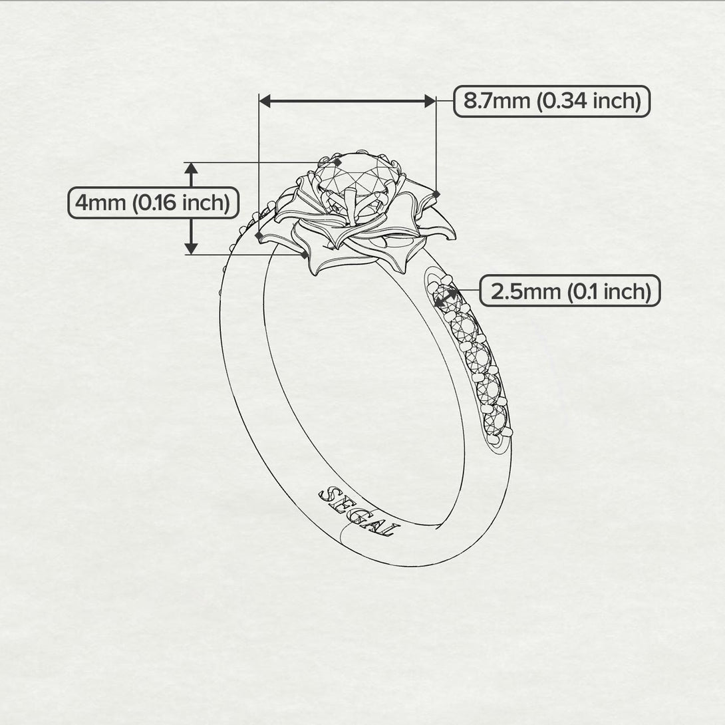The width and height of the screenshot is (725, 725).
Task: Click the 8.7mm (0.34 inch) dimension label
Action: click(551, 101)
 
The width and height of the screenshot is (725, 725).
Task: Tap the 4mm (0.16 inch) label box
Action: click(153, 202)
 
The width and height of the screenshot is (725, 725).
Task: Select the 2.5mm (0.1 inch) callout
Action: click(569, 291)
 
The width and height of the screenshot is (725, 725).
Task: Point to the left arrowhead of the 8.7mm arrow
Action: click(265, 101)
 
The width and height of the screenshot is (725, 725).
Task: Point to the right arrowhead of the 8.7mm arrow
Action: click(430, 101)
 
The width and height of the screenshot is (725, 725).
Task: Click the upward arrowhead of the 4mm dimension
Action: click(192, 168)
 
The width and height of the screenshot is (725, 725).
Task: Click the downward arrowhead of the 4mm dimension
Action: click(192, 248)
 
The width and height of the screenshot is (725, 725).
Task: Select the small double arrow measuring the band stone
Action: click(446, 297)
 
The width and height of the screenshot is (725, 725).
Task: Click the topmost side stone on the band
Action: click(445, 297)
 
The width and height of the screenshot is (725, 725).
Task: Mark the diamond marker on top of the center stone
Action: click(338, 162)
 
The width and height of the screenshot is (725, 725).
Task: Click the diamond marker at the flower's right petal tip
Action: click(436, 194)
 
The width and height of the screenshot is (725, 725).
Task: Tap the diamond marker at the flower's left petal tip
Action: click(258, 234)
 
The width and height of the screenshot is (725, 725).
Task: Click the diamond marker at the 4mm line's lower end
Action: click(305, 254)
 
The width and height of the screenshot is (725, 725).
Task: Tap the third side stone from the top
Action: click(478, 358)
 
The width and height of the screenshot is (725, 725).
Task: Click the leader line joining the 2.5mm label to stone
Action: click(469, 291)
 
